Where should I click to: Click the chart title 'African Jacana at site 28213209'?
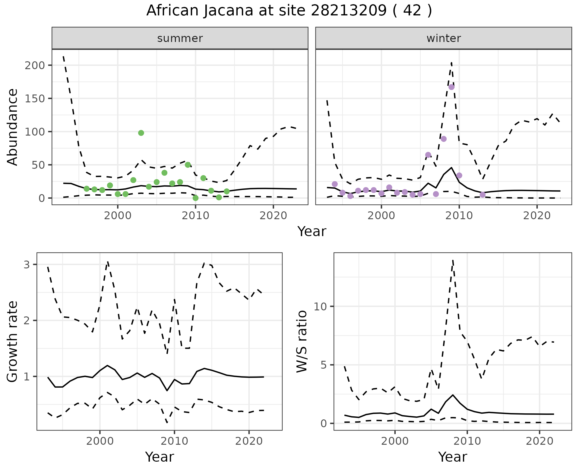click(289, 11)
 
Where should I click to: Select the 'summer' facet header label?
click(180, 38)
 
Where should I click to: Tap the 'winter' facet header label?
click(443, 38)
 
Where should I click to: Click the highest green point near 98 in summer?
click(141, 133)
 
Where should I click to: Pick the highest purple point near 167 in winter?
click(451, 87)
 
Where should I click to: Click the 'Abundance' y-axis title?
click(13, 127)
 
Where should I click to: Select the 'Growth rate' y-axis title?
click(13, 342)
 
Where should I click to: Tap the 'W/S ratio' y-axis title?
click(302, 342)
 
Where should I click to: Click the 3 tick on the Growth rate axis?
click(27, 265)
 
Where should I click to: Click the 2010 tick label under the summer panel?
click(195, 216)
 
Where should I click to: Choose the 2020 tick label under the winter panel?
click(536, 216)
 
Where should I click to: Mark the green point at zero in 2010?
click(195, 198)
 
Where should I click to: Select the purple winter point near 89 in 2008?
click(443, 139)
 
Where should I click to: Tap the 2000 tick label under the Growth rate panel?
click(100, 441)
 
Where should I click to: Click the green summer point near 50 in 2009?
click(188, 165)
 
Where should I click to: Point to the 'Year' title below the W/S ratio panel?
click(452, 457)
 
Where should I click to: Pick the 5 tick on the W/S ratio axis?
click(323, 365)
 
